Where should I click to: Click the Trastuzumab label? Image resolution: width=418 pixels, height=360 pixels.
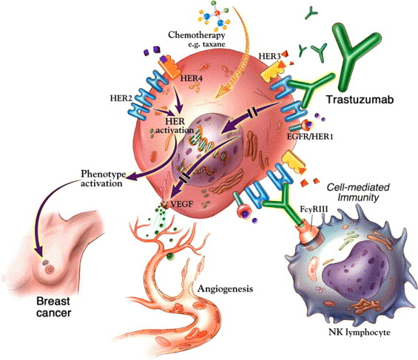[360, 100]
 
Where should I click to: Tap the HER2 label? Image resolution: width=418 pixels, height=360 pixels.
[121, 98]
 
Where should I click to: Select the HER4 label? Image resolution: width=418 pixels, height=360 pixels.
[192, 78]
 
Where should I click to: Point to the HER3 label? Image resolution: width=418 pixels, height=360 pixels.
[269, 56]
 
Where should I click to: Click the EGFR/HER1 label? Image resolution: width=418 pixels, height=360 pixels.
[310, 137]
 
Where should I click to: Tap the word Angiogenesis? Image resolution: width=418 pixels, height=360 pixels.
[225, 289]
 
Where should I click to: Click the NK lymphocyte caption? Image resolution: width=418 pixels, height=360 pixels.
[360, 333]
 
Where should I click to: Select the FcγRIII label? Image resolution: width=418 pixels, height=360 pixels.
[314, 209]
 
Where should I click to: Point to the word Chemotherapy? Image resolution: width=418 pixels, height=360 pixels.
[197, 35]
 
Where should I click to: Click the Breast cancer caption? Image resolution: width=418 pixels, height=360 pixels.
[53, 307]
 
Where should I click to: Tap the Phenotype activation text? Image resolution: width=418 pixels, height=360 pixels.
[103, 179]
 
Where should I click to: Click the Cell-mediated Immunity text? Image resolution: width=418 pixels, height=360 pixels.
[358, 192]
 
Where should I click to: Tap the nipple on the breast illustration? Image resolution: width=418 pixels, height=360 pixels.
[50, 270]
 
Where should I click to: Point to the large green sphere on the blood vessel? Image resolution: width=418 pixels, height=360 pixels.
[170, 257]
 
